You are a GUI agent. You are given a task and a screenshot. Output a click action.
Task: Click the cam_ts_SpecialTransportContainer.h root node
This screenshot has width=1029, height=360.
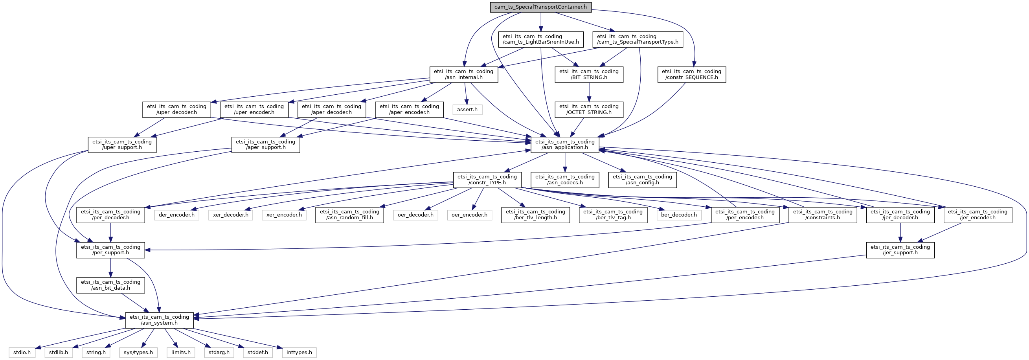coord(541,7)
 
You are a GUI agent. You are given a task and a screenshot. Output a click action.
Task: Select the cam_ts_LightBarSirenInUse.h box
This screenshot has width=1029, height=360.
coord(541,39)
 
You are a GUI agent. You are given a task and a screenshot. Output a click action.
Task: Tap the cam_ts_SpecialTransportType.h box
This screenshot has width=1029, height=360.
coord(638,39)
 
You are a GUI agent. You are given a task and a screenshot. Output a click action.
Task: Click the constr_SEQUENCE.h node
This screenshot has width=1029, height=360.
coord(691,74)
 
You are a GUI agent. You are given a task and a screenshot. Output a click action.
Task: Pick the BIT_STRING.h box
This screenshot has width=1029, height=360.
coord(589,74)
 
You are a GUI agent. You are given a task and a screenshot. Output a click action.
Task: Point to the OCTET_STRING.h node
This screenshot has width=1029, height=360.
coord(589,110)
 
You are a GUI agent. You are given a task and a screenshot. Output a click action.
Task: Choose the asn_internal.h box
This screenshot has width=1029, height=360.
coord(464,74)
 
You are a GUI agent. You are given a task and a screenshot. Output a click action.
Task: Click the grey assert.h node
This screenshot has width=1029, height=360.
coord(467,110)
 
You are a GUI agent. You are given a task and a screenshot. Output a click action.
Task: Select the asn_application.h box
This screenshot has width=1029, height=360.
coord(565,145)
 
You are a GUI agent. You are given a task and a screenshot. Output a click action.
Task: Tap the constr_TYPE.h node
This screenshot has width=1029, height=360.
coord(487,180)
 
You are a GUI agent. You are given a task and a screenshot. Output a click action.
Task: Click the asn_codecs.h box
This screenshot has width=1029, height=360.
coord(565,180)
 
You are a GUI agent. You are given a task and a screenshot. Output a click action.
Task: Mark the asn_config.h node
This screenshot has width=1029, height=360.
coord(642,180)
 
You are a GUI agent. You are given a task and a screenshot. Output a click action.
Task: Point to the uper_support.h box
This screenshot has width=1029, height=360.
coord(122,145)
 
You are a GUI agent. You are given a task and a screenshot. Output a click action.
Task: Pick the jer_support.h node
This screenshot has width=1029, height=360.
coord(900,250)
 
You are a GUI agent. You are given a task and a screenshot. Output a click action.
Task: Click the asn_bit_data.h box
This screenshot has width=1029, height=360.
coord(111,285)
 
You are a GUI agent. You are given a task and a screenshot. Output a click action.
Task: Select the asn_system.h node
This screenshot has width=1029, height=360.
coord(160,320)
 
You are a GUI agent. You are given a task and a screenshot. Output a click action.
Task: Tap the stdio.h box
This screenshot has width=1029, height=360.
coord(22,353)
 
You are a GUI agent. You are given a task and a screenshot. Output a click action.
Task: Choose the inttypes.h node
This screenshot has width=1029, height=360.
coord(299,353)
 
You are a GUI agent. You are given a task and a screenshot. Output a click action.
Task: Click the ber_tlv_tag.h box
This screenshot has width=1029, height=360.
coord(613,215)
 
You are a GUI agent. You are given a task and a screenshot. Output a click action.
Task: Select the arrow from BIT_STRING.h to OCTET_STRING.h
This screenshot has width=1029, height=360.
coord(589,92)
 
